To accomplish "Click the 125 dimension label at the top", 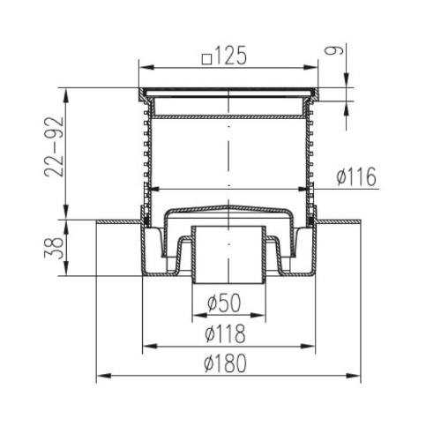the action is [x=230, y=56].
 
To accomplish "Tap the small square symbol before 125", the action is [x=207, y=59].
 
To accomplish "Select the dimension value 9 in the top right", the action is [x=334, y=50].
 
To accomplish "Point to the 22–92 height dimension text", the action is [x=54, y=147].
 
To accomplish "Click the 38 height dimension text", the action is [x=54, y=249].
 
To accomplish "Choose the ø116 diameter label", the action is [x=356, y=176].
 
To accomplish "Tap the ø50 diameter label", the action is [x=224, y=303].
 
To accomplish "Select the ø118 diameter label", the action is [x=225, y=333].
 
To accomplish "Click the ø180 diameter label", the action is [x=225, y=363].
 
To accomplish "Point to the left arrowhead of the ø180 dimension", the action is [x=103, y=376].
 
